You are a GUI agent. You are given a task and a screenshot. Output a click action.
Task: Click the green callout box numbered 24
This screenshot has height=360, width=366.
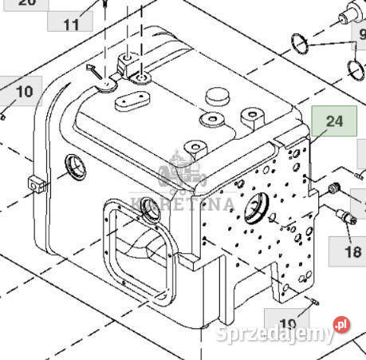[x=333, y=122]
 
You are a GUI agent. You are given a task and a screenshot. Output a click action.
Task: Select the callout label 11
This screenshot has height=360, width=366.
[x=72, y=24]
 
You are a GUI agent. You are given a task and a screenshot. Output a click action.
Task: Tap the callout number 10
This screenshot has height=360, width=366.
[x=24, y=92]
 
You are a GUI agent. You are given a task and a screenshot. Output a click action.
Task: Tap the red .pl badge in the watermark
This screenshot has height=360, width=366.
[x=341, y=325]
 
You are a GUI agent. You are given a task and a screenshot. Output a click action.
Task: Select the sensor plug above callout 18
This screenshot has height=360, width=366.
[x=345, y=216]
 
